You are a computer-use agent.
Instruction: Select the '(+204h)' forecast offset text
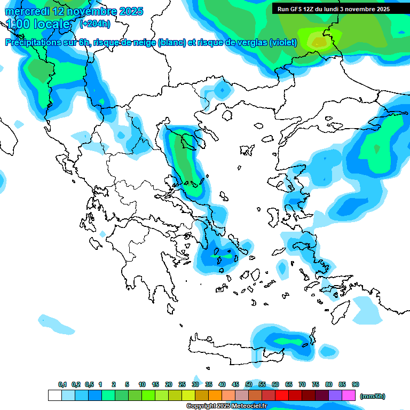point(96,24)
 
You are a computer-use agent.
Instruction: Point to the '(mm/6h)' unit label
point(373,396)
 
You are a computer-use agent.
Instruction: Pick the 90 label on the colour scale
point(356,385)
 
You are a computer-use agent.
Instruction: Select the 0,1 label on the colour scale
point(62,385)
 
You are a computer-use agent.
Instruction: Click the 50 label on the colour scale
point(249,385)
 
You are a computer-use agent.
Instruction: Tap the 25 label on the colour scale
point(182,385)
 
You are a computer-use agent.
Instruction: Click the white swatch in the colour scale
point(54,396)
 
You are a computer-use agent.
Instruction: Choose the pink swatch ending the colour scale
point(349,396)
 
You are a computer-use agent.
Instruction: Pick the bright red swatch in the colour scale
point(282,396)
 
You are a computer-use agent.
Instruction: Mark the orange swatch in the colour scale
point(215,396)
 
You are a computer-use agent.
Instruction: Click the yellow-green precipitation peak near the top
point(319,41)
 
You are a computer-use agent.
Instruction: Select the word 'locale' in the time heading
point(52,24)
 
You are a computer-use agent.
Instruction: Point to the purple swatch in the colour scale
point(335,396)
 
